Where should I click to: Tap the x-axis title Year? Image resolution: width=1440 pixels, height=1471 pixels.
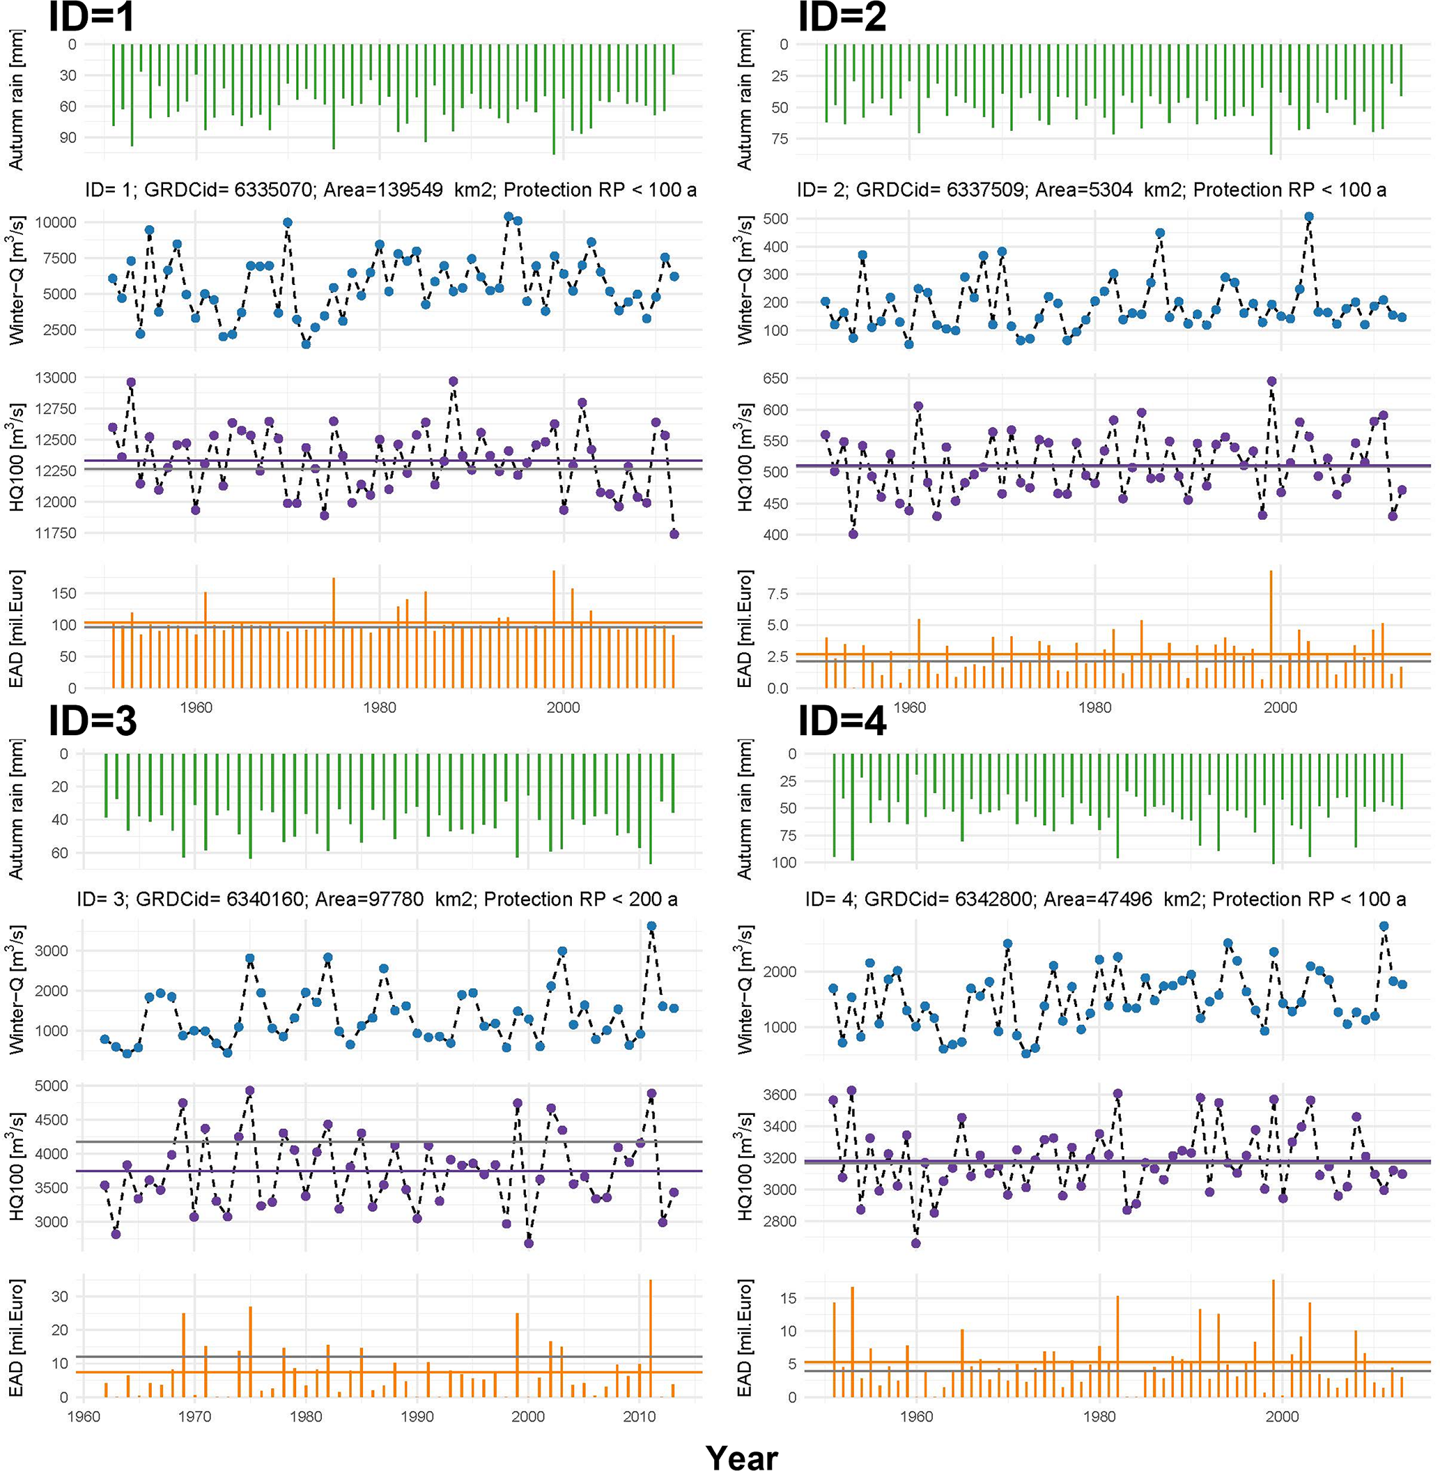pos(741,1456)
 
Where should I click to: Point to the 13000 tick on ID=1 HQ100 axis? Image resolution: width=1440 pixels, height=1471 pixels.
pos(56,378)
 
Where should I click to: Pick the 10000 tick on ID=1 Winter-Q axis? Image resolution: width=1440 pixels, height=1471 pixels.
pos(56,222)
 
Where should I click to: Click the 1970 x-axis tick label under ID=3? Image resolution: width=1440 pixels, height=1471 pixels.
pos(194,1416)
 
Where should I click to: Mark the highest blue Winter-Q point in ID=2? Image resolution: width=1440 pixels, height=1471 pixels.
pos(1308,217)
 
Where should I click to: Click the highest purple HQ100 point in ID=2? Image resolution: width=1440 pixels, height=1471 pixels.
pos(1271,382)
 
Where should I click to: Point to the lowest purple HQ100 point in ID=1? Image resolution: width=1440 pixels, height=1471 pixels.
pos(674,534)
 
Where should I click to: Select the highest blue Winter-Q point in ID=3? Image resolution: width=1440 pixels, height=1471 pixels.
pos(651,925)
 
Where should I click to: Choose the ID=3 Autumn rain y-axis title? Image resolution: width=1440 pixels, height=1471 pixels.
pos(17,808)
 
